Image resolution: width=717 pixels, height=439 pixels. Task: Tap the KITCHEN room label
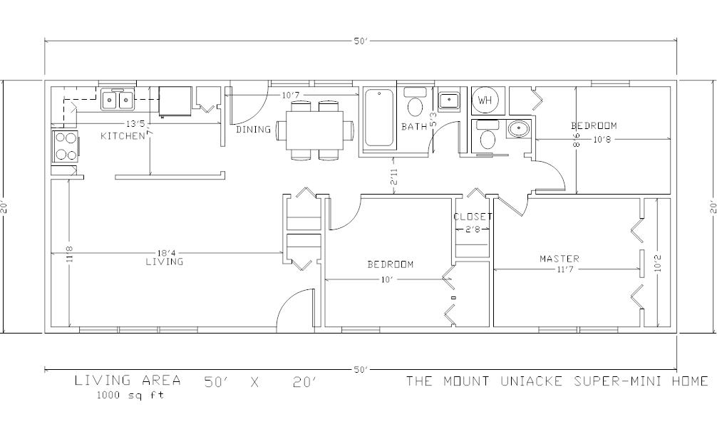click(123, 136)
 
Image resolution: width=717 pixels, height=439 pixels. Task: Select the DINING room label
click(253, 130)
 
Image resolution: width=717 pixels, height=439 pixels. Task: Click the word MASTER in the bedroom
click(559, 259)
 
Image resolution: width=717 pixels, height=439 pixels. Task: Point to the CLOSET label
click(473, 217)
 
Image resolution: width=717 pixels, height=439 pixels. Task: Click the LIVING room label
click(165, 262)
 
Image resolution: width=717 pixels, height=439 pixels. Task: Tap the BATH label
click(414, 127)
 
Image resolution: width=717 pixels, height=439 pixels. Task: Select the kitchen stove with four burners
click(66, 146)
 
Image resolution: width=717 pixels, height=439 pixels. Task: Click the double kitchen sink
click(118, 99)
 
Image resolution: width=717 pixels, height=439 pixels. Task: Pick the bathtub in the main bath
click(379, 118)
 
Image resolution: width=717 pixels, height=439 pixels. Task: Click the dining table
click(315, 130)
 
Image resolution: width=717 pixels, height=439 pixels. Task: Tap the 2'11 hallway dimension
click(393, 177)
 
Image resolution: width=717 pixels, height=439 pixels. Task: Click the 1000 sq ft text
click(130, 395)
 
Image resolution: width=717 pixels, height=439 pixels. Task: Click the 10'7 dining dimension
click(290, 95)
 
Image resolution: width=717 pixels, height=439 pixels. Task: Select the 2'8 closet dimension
click(473, 229)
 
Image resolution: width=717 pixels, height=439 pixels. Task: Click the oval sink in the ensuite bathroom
click(518, 130)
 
